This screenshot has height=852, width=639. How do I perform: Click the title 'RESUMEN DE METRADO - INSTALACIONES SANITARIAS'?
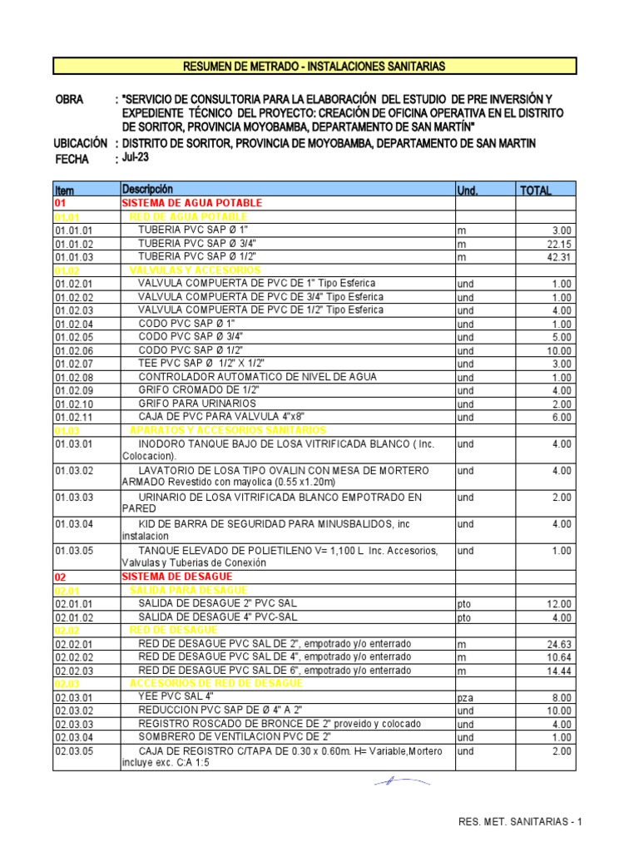(x=315, y=66)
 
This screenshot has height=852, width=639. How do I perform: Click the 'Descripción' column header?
(x=147, y=190)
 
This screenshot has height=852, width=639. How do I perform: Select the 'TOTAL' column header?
(x=535, y=191)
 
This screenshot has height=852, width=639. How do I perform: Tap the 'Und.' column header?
(x=467, y=191)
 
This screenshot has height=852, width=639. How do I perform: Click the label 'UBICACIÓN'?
(x=81, y=143)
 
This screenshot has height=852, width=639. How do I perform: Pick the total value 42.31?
(x=559, y=257)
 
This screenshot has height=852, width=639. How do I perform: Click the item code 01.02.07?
(x=74, y=364)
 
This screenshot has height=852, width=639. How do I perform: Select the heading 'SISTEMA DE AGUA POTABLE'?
(x=191, y=203)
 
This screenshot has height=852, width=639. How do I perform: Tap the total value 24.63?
(x=559, y=644)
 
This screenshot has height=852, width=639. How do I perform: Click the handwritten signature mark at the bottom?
(x=401, y=782)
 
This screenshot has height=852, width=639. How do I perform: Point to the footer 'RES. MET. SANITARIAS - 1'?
(x=520, y=822)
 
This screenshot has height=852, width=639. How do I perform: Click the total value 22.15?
(x=559, y=244)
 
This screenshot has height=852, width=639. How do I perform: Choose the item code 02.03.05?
(x=74, y=750)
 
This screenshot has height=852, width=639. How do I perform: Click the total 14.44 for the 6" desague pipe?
(x=559, y=671)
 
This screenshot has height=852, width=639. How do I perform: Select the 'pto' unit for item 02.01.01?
(x=464, y=603)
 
